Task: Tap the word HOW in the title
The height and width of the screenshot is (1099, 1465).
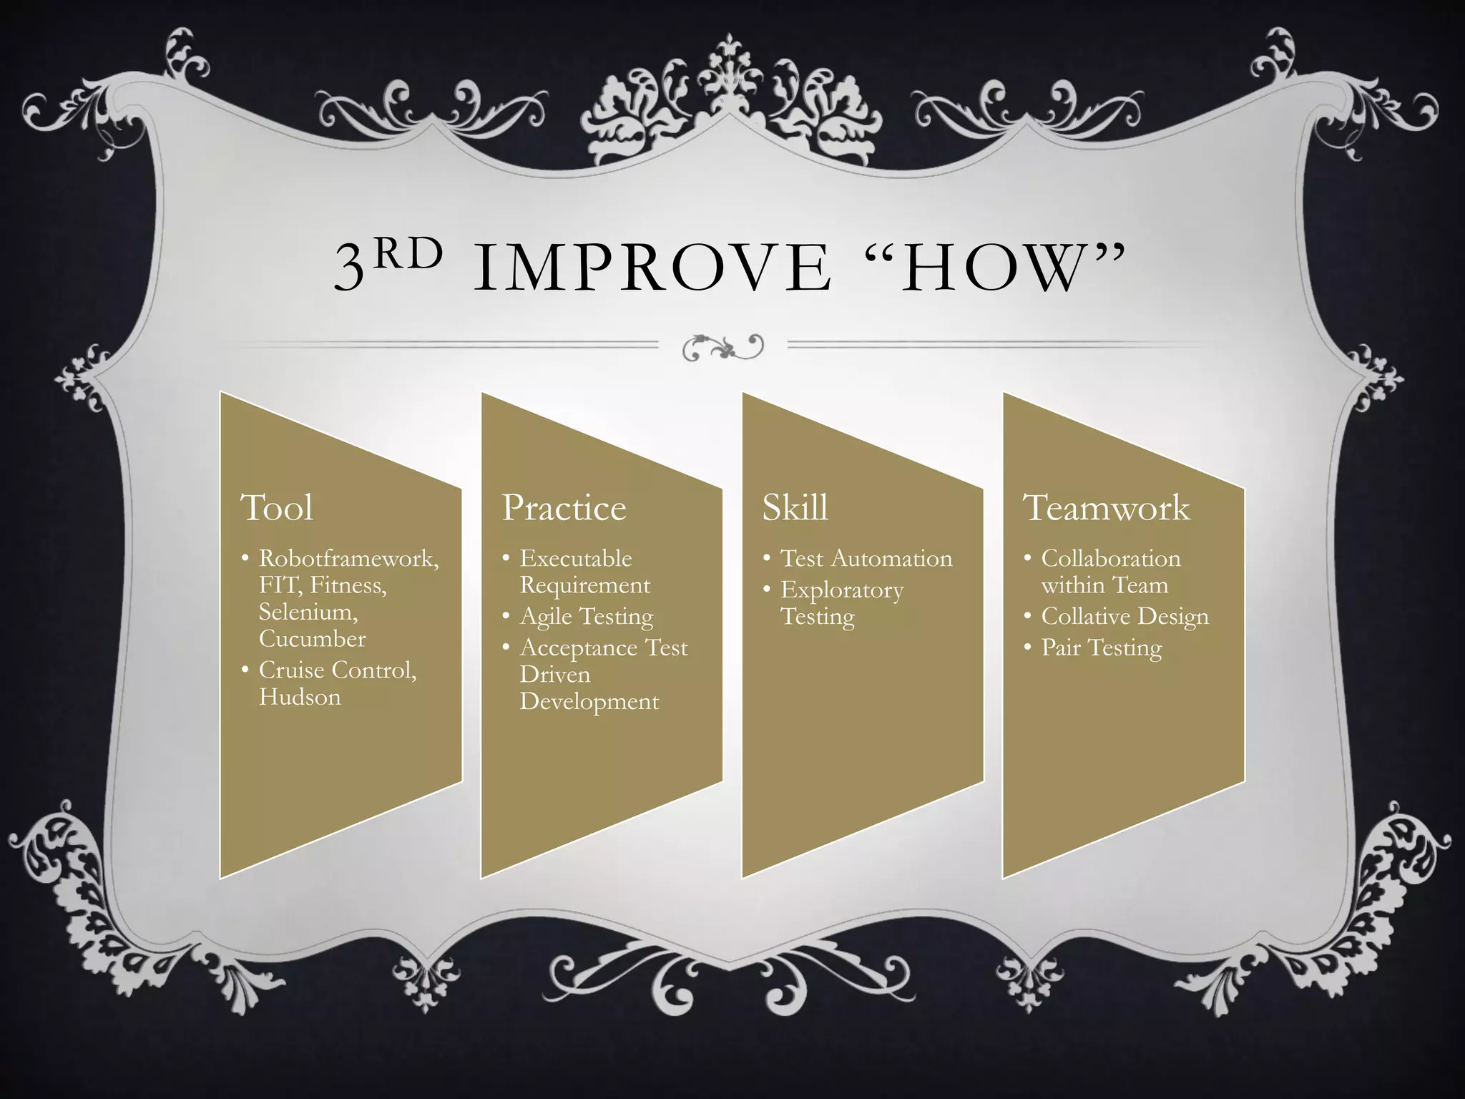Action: pyautogui.click(x=994, y=270)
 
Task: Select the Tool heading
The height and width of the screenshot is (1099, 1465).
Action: pyautogui.click(x=278, y=508)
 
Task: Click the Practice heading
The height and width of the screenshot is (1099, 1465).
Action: pyautogui.click(x=564, y=508)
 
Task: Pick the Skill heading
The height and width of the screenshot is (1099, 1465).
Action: pyautogui.click(x=795, y=508)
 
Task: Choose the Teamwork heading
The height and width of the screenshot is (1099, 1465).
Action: pyautogui.click(x=1107, y=508)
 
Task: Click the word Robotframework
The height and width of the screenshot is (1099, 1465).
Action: pyautogui.click(x=348, y=558)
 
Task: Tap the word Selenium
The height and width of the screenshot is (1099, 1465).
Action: pyautogui.click(x=308, y=612)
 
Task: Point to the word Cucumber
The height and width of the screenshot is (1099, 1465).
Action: pyautogui.click(x=312, y=638)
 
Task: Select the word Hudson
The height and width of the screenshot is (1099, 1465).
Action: pyautogui.click(x=300, y=697)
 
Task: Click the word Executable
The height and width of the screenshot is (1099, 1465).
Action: pyautogui.click(x=576, y=558)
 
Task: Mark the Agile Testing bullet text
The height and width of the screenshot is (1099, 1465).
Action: pyautogui.click(x=587, y=616)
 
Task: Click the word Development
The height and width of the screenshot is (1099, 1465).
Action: pyautogui.click(x=589, y=701)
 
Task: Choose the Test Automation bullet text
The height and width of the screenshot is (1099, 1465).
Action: pyautogui.click(x=866, y=558)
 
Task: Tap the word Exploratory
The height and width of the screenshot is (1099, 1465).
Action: pyautogui.click(x=842, y=590)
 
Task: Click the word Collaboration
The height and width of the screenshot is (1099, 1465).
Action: pyautogui.click(x=1111, y=558)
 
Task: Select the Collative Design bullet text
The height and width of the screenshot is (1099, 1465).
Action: pyautogui.click(x=1125, y=616)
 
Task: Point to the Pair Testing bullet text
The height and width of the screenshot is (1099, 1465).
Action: pyautogui.click(x=1102, y=648)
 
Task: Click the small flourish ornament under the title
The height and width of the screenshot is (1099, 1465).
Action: pyautogui.click(x=722, y=347)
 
